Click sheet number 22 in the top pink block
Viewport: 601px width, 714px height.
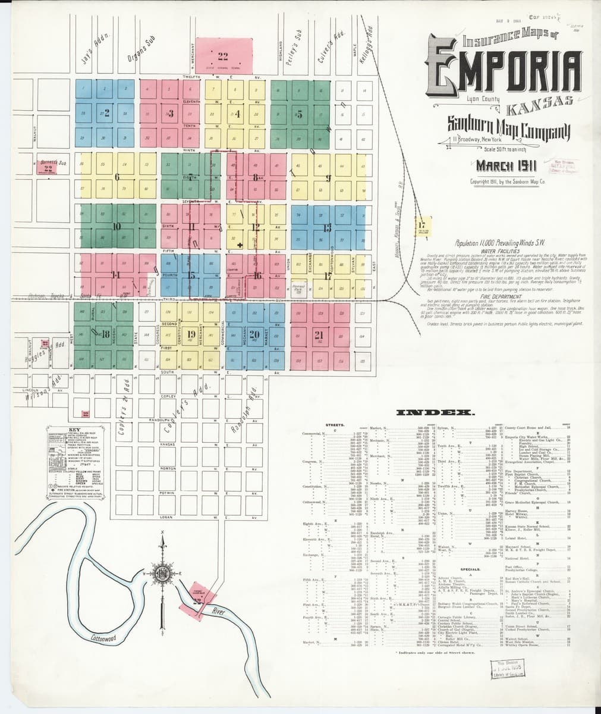[x=223, y=57]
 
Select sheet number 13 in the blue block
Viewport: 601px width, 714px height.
[x=327, y=227]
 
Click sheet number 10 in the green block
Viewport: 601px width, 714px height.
[x=117, y=226]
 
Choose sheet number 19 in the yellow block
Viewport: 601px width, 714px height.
[x=191, y=334]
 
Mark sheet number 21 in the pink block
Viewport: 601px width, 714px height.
[x=319, y=334]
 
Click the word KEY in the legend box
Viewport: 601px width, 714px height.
[x=74, y=430]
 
